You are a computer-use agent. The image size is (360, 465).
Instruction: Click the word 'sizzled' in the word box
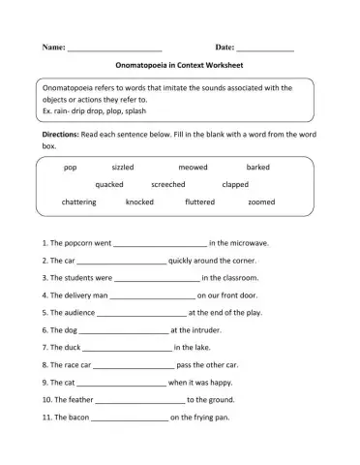coord(123,167)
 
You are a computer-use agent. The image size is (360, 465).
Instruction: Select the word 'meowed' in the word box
coord(193,167)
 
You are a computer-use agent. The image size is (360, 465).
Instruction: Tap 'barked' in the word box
coord(258,167)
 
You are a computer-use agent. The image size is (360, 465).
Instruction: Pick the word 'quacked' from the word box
coord(109,184)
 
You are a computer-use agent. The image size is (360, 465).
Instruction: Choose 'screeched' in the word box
coord(168,184)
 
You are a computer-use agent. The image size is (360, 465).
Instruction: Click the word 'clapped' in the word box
coord(235,184)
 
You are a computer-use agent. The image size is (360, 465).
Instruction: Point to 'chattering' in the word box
coord(78,201)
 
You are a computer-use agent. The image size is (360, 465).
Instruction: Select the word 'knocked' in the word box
coord(139,201)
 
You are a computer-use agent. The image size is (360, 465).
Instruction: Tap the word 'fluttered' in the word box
coord(200,201)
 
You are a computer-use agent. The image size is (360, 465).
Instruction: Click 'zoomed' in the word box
coord(261,201)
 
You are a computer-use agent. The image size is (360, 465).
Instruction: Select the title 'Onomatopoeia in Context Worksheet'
coord(180,67)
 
